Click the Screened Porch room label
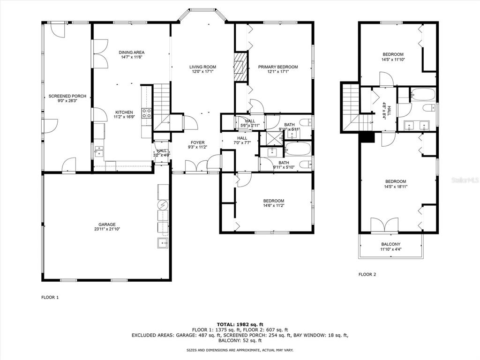[x=67, y=96]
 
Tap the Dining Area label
[x=132, y=52]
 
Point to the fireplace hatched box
[x=240, y=67]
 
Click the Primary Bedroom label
[x=278, y=67]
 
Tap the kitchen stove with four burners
[x=146, y=113]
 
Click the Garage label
[x=107, y=225]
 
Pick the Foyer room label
[x=198, y=142]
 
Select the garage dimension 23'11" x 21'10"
[x=107, y=229]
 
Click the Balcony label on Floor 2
[x=391, y=244]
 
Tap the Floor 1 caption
[x=50, y=297]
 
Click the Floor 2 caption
[x=367, y=274]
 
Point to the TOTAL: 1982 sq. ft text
[x=240, y=324]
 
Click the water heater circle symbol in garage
[x=163, y=204]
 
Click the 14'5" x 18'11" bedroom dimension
[x=396, y=187]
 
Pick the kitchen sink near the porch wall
[x=99, y=151]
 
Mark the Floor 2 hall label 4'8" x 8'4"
[x=387, y=110]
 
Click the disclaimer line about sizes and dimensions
[x=240, y=350]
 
